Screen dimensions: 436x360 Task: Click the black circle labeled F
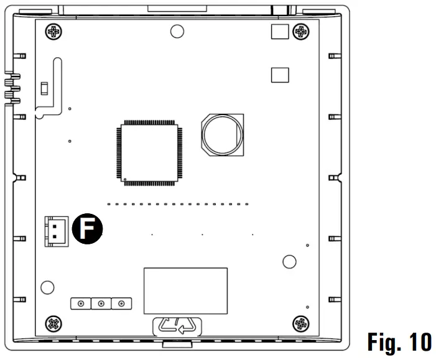point(87,229)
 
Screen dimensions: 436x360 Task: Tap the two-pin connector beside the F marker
point(57,231)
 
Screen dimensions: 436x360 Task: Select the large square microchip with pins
point(149,153)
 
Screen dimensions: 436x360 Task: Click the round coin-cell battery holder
point(223,135)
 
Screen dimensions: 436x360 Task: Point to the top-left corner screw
point(53,32)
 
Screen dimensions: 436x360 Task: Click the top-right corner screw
point(301,32)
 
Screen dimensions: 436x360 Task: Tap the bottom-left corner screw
point(53,324)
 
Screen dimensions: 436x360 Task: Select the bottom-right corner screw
point(301,324)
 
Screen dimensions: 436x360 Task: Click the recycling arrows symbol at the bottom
point(177,326)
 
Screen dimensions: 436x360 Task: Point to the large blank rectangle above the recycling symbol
point(185,291)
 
